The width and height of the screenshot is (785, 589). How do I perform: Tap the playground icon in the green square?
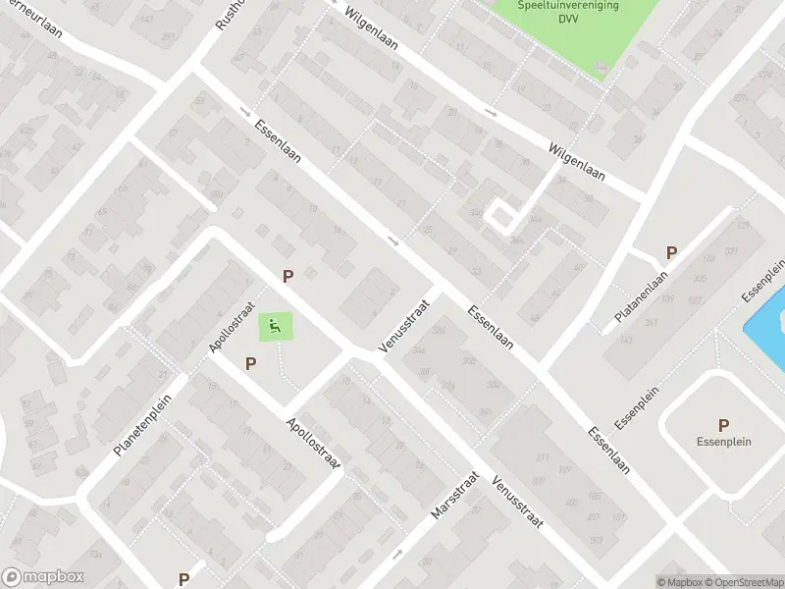click(x=276, y=327)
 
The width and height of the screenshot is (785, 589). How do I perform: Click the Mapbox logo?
click(x=43, y=577)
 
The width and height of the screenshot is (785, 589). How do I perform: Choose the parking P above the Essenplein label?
click(x=723, y=425)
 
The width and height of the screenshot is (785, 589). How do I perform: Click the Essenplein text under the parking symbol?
click(x=724, y=442)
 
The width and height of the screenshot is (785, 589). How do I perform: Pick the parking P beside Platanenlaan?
click(x=671, y=252)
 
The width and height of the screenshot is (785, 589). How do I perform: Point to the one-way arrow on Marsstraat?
click(x=397, y=555)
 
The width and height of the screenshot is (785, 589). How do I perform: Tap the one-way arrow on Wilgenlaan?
click(x=491, y=113)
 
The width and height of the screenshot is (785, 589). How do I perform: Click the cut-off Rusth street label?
click(x=222, y=14)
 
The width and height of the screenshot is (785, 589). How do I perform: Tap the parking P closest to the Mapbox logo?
click(x=183, y=579)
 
